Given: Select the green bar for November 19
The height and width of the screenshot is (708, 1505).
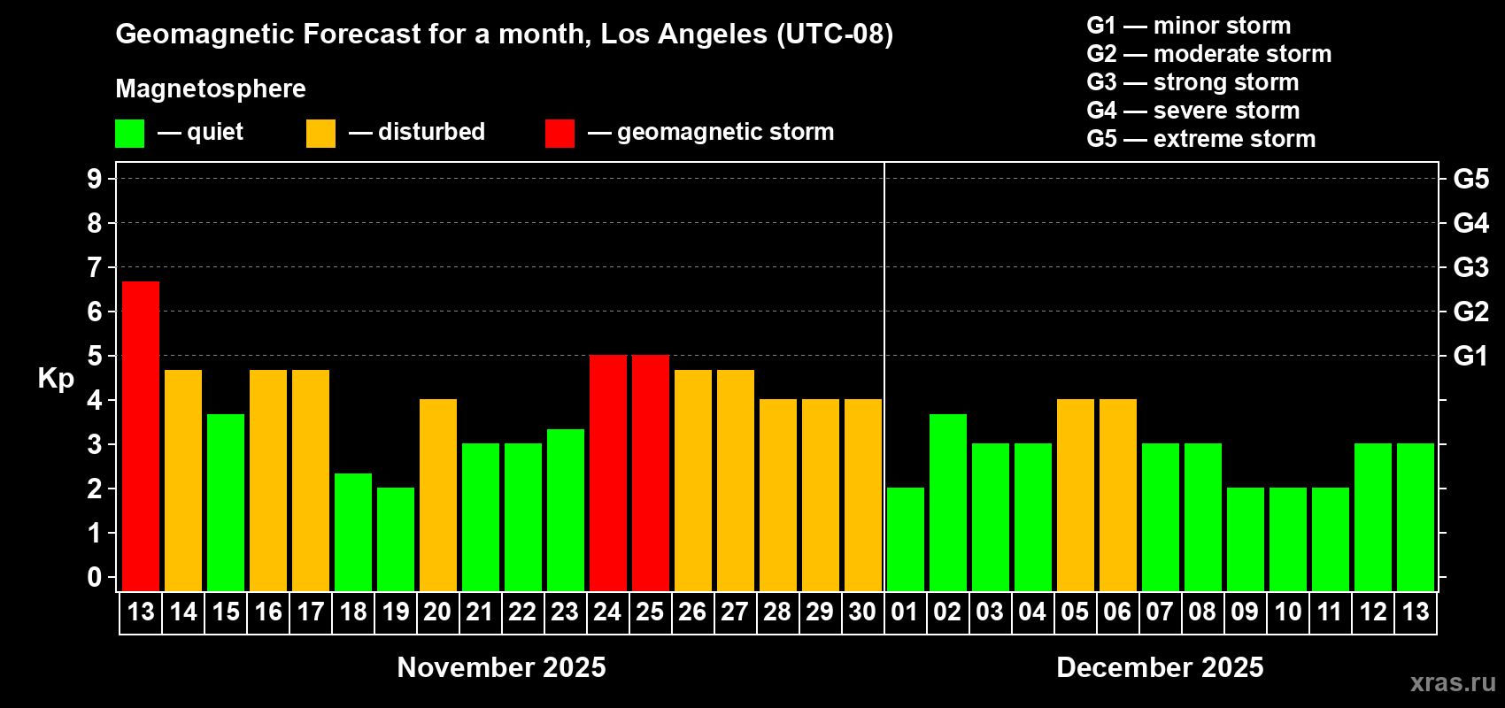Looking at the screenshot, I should click(x=396, y=539).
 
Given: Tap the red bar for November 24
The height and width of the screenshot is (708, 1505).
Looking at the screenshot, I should click(x=608, y=473).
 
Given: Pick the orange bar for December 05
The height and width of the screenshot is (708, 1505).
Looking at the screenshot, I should click(x=1076, y=495).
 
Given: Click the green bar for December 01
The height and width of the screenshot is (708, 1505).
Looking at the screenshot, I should click(x=906, y=539).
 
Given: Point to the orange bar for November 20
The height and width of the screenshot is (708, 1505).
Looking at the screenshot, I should click(x=438, y=495).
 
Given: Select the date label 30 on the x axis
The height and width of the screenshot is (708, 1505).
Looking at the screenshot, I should click(x=862, y=612).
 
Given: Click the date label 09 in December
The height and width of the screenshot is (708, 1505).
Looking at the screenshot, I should click(x=1245, y=612).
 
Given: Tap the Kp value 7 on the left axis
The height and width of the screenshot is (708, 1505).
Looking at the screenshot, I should click(x=95, y=267).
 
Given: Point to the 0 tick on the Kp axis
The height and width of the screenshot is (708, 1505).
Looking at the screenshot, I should click(x=95, y=577).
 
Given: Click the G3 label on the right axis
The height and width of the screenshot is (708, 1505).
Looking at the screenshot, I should click(x=1470, y=267).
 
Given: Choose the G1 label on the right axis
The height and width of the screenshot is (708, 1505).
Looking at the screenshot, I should click(x=1470, y=356).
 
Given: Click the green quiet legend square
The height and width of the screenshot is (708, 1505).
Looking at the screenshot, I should click(x=130, y=134).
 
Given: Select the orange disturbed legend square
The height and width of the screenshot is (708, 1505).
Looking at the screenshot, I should click(x=321, y=134).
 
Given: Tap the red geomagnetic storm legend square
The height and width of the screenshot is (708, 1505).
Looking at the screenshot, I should click(x=560, y=134).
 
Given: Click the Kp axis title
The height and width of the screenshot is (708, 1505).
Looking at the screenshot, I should click(x=56, y=378).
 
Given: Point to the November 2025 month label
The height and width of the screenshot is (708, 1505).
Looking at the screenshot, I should click(x=501, y=667).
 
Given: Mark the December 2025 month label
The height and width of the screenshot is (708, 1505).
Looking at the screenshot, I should click(x=1160, y=667).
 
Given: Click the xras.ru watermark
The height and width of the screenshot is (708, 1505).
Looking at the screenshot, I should click(x=1453, y=682).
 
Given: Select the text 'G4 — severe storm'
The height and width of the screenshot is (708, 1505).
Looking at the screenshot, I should click(x=1192, y=111).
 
